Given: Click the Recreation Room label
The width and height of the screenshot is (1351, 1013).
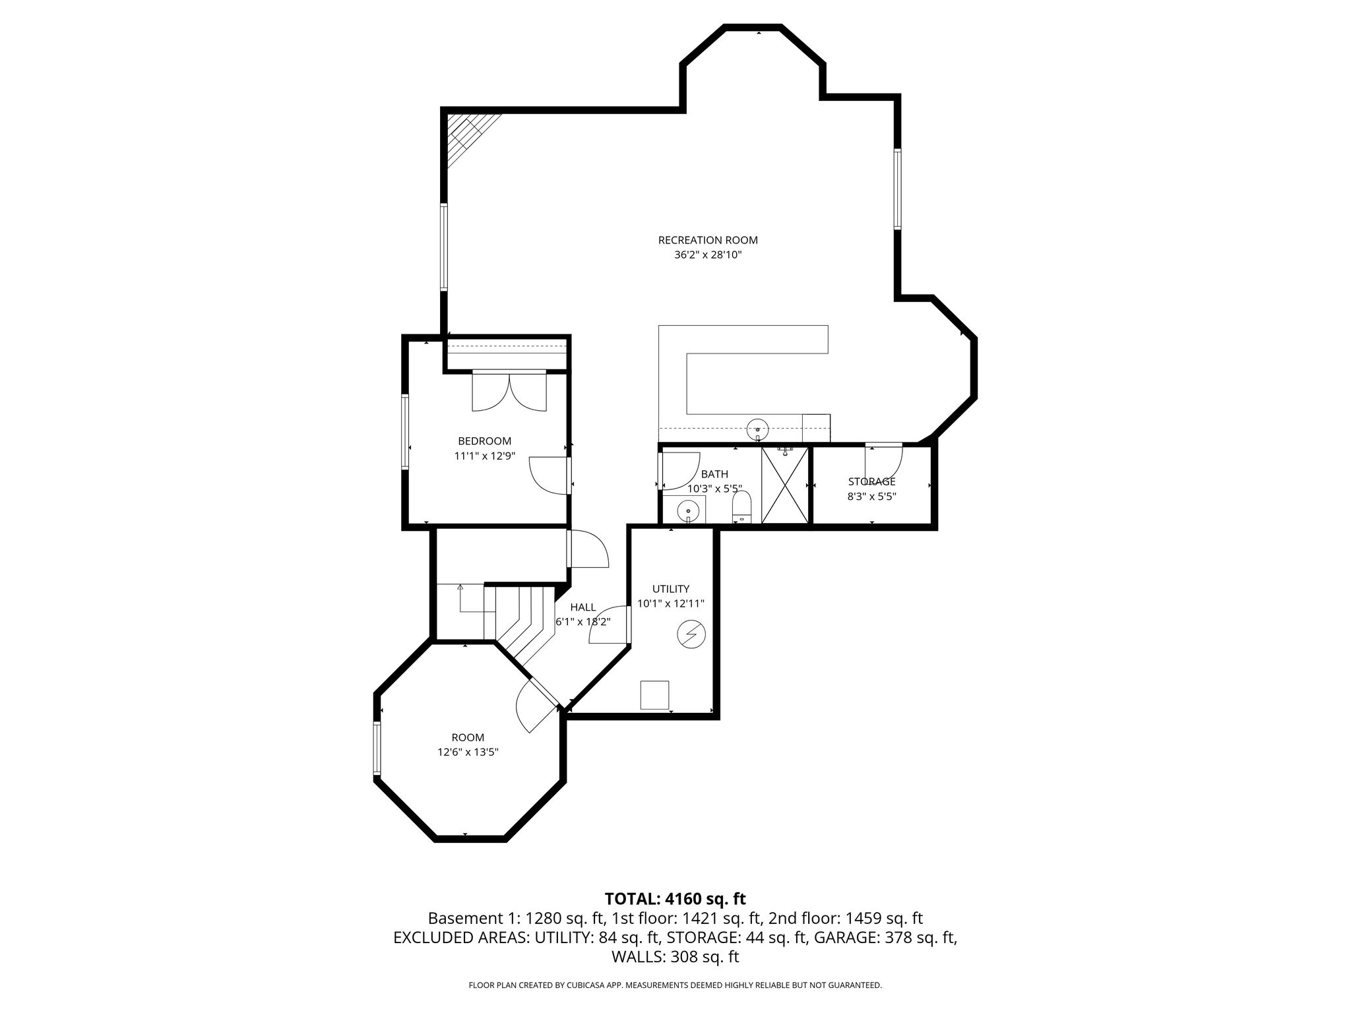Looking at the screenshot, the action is [708, 240].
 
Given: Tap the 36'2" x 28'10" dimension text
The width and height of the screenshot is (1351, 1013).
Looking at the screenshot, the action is [708, 255].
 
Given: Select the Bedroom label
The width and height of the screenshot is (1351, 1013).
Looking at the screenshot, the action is [484, 441].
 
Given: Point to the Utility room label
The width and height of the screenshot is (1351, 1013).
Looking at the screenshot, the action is [671, 589].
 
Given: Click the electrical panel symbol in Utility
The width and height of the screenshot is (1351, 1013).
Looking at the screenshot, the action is [691, 635].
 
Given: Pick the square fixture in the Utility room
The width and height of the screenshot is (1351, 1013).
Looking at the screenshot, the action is [654, 695].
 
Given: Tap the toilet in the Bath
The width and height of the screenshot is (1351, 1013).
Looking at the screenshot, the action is [742, 506].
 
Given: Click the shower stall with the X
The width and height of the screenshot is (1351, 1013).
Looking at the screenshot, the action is [785, 485].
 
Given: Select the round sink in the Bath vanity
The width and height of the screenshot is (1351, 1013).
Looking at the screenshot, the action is [688, 510].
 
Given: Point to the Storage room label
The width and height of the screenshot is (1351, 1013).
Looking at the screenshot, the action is [871, 481].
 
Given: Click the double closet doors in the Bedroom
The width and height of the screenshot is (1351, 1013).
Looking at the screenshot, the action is [509, 391].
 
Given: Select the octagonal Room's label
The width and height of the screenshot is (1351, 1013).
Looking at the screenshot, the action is [468, 737].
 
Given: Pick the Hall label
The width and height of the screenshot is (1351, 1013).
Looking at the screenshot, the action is [583, 607].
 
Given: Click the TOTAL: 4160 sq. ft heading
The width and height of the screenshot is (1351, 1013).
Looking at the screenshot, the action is [675, 898].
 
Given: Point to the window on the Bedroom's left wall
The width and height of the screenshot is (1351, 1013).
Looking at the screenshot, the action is [406, 432].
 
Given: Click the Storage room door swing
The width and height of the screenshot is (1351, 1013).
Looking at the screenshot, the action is [884, 459].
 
